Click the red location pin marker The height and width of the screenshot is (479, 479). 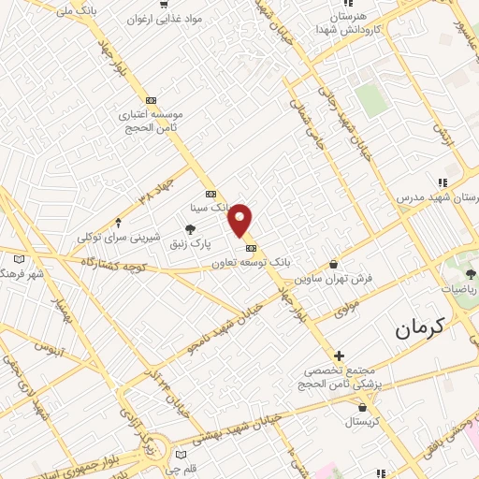tap(241, 220)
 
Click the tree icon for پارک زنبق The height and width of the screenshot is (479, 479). tap(191, 228)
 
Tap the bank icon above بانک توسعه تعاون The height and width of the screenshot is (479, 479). tap(251, 248)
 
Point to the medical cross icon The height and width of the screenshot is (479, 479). tap(339, 356)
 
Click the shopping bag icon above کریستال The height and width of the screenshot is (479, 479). tap(363, 408)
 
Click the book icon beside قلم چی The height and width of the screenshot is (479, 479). tap(181, 456)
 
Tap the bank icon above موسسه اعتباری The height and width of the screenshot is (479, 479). tap(151, 100)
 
